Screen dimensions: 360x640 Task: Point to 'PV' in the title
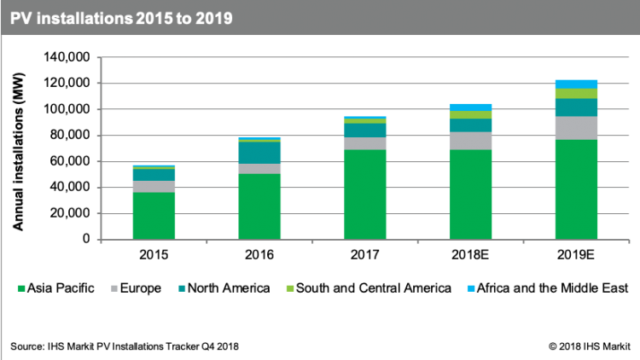pyautogui.click(x=21, y=18)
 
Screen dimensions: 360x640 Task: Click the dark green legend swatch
pyautogui.click(x=21, y=288)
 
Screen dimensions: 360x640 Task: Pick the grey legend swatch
pyautogui.click(x=114, y=288)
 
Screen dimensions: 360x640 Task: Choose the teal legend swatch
pyautogui.click(x=183, y=288)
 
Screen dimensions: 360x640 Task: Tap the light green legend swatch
pyautogui.click(x=290, y=288)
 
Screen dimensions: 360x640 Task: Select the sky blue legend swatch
pyautogui.click(x=471, y=288)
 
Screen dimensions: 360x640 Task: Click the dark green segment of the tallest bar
pyautogui.click(x=576, y=189)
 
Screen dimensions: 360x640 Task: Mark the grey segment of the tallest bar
pyautogui.click(x=576, y=128)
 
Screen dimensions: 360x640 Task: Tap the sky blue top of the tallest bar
pyautogui.click(x=576, y=84)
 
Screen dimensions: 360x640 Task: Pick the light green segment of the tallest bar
pyautogui.click(x=576, y=93)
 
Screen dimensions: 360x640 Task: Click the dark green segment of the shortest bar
pyautogui.click(x=154, y=216)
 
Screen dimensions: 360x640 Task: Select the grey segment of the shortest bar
pyautogui.click(x=154, y=186)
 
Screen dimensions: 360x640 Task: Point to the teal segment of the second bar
pyautogui.click(x=259, y=153)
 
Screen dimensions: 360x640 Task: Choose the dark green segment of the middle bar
pyautogui.click(x=365, y=195)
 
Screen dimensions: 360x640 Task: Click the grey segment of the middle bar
pyautogui.click(x=365, y=143)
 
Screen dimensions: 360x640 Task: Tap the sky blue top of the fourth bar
pyautogui.click(x=471, y=107)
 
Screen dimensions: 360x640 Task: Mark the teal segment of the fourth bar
pyautogui.click(x=471, y=125)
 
